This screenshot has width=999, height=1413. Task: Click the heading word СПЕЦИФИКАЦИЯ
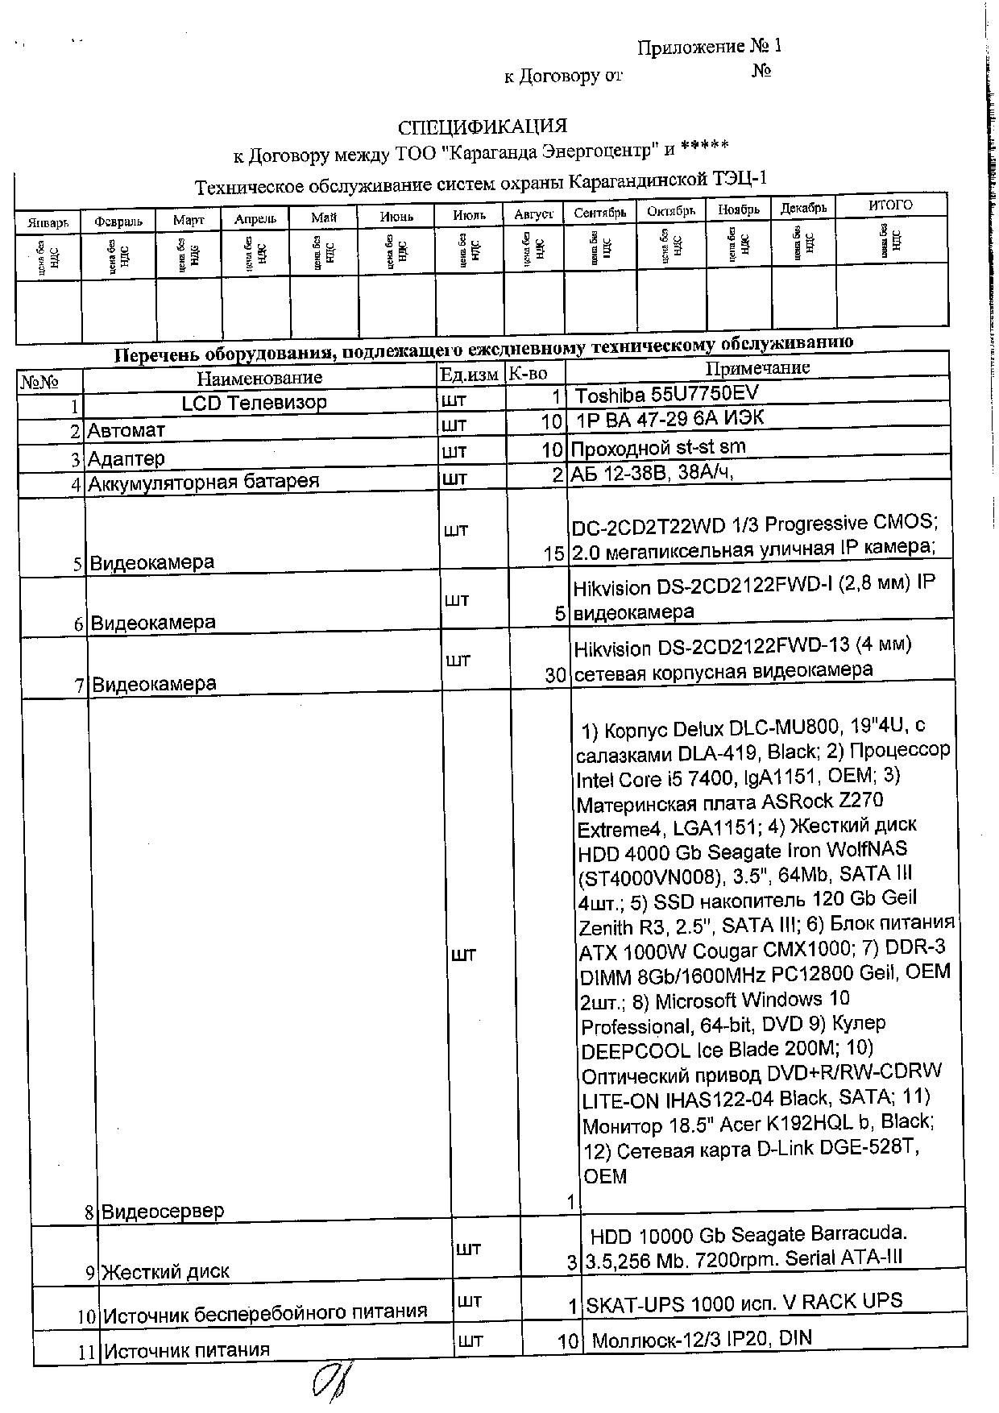click(x=483, y=126)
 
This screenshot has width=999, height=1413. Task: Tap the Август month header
click(x=533, y=214)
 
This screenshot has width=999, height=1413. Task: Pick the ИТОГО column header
click(x=890, y=205)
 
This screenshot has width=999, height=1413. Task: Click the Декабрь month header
click(x=803, y=208)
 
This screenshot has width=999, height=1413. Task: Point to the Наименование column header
click(x=259, y=377)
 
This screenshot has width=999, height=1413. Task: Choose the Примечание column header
click(x=757, y=368)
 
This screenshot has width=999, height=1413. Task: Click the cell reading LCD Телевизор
click(x=254, y=403)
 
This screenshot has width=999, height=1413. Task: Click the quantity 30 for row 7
click(x=555, y=675)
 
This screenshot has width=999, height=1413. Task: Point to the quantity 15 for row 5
click(x=554, y=554)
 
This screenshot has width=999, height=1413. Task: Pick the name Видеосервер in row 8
click(x=163, y=1211)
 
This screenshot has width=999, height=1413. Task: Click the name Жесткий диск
click(x=165, y=1272)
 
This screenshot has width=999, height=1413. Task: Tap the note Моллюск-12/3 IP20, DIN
click(x=702, y=1340)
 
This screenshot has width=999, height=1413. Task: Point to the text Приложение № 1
click(x=709, y=47)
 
